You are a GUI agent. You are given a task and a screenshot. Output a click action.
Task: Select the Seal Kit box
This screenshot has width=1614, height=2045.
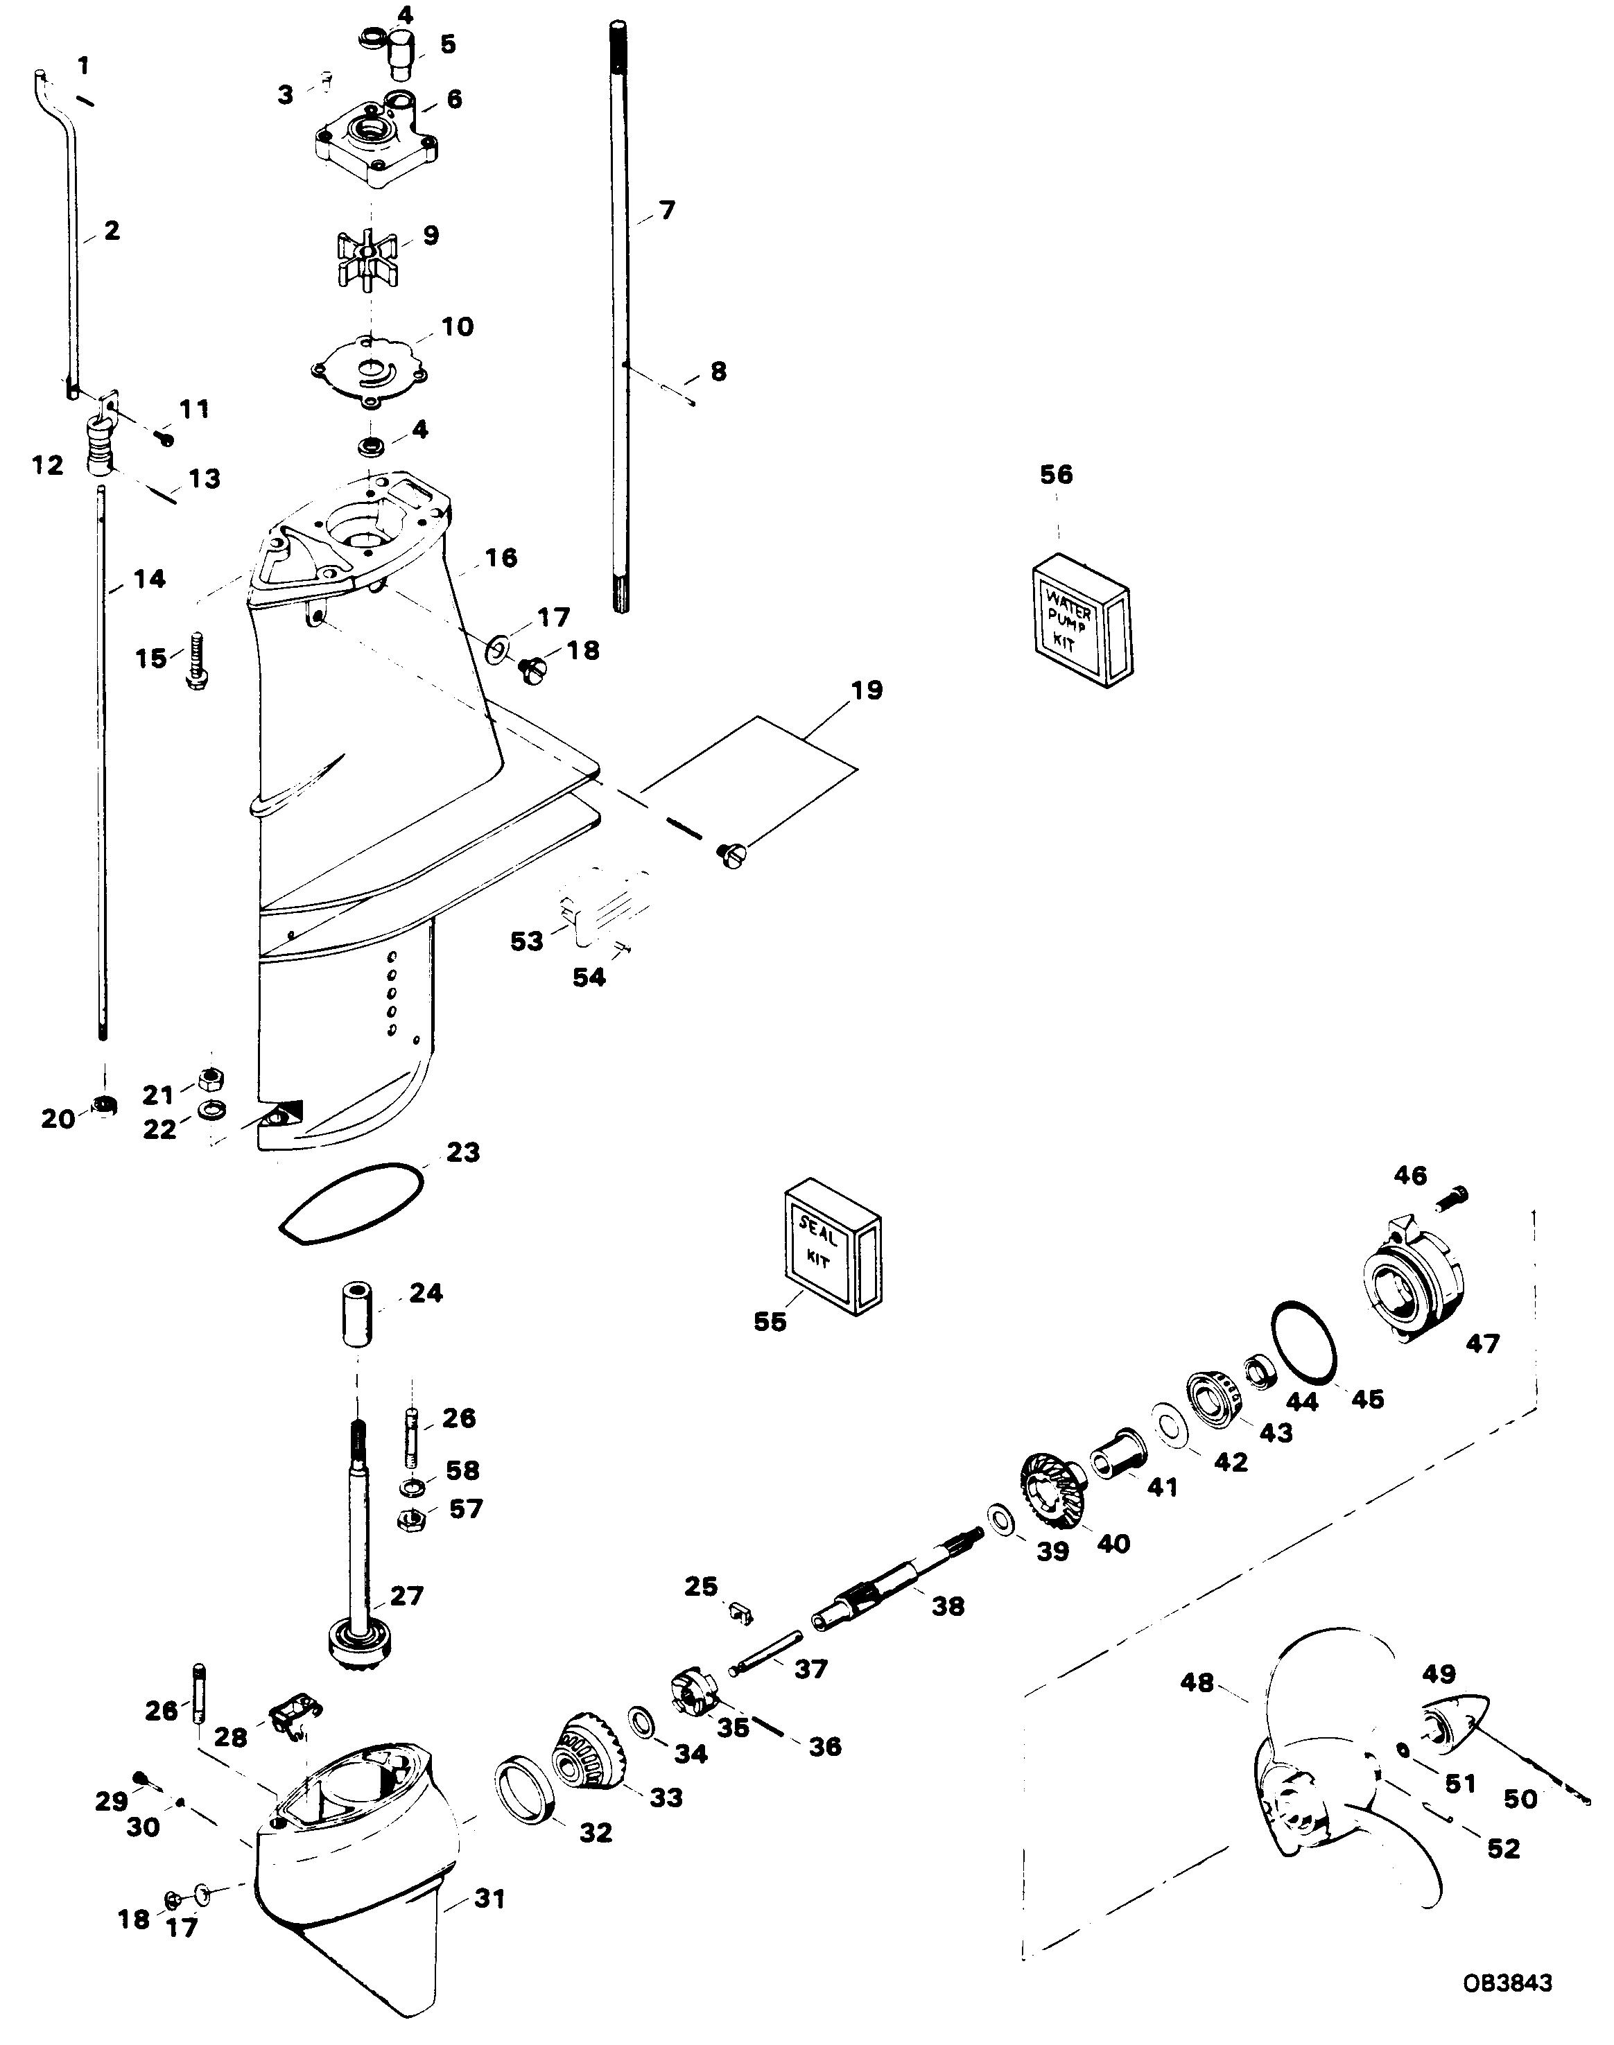(831, 1246)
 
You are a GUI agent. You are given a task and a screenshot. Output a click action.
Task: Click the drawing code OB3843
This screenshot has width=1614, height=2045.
(1507, 1982)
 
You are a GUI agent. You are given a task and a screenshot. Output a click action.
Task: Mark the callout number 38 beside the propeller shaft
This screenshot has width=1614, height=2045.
(948, 1605)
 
